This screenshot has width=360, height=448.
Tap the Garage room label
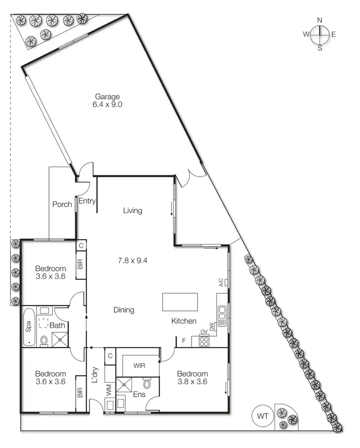pos(107,97)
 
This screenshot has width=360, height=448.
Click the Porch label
pos(62,204)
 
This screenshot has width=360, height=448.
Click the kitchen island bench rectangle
pos(180,303)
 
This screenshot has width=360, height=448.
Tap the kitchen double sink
pos(222,316)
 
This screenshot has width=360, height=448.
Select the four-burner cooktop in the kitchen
pos(204,342)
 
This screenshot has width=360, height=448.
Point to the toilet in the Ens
pos(147,385)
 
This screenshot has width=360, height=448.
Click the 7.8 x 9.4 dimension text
pos(132,261)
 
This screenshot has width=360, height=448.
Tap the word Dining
pos(124,310)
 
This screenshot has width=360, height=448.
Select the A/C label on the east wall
pos(221,283)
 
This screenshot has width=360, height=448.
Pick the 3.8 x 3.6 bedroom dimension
pos(192,383)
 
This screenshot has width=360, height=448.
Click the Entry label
pos(87,201)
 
